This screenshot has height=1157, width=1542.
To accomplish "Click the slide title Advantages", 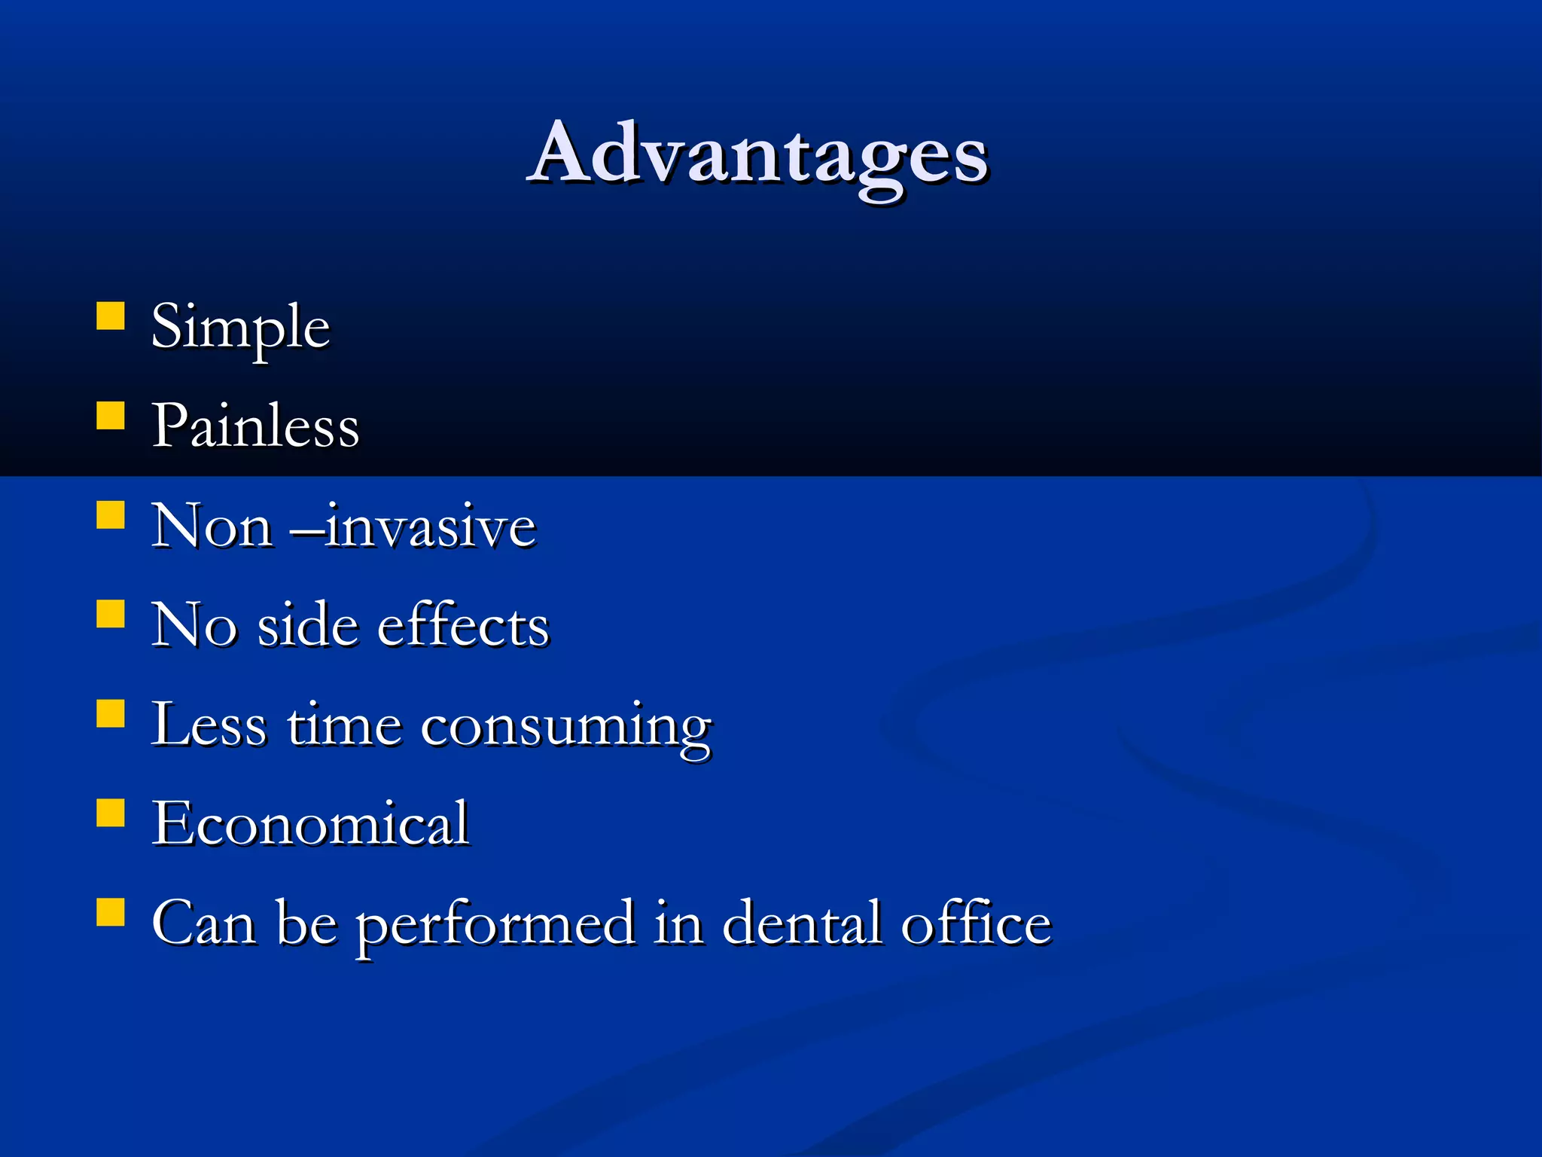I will [757, 154].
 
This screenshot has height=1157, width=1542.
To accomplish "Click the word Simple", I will [240, 328].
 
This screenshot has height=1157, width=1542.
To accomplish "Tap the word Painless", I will [255, 426].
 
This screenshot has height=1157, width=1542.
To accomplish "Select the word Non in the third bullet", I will [212, 526].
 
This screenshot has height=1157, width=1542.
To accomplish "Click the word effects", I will [463, 625].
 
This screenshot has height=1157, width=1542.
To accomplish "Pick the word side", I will [308, 625].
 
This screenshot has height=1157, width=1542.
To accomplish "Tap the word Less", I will [209, 725].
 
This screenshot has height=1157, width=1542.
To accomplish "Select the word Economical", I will [310, 823].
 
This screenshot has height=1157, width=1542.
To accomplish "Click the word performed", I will [495, 924].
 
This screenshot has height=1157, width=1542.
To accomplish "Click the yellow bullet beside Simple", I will [111, 316].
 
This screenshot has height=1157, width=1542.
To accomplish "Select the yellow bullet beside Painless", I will [111, 415].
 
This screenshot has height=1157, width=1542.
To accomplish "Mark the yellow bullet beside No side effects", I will [111, 613].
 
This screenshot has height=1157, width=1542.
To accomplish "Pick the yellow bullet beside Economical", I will [111, 813].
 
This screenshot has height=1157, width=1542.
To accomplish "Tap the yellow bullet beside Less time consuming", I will [111, 713].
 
